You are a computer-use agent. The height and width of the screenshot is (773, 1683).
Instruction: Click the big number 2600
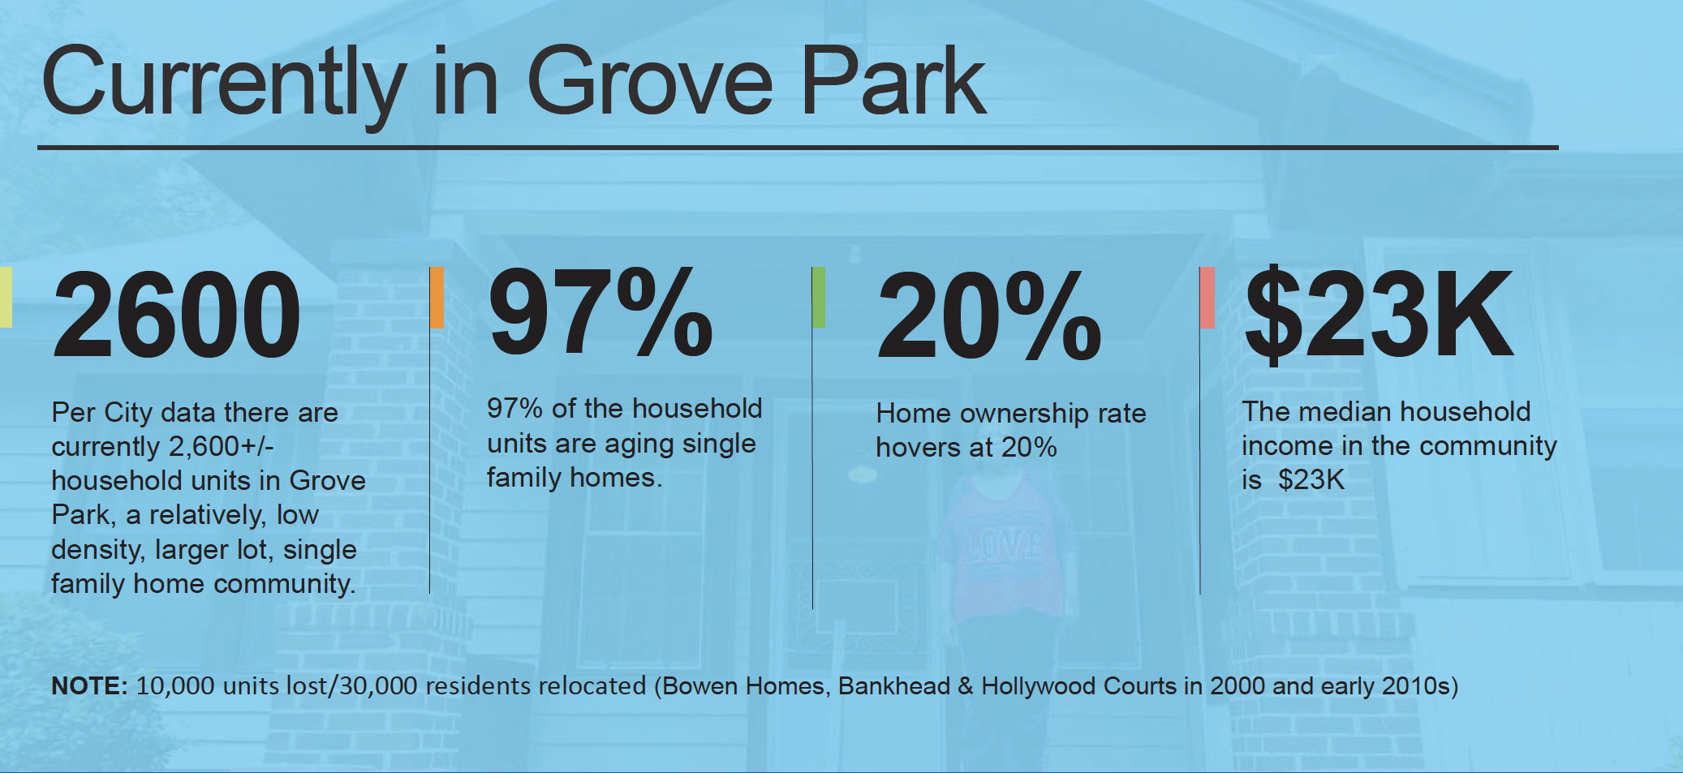click(x=176, y=315)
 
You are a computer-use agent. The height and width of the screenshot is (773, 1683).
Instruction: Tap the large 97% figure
click(x=600, y=312)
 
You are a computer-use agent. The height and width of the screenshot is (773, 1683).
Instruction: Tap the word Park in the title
click(x=893, y=80)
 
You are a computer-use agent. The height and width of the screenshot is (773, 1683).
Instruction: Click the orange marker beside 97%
click(x=437, y=298)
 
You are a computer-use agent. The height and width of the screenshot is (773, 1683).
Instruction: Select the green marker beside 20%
click(x=819, y=297)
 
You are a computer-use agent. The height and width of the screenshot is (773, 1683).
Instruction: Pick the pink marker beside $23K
click(x=1207, y=298)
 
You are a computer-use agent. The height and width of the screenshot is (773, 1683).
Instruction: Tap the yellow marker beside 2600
click(x=6, y=297)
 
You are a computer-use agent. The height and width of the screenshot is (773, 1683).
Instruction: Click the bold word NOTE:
click(x=89, y=686)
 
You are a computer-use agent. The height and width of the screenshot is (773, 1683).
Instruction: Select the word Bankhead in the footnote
click(x=893, y=686)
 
